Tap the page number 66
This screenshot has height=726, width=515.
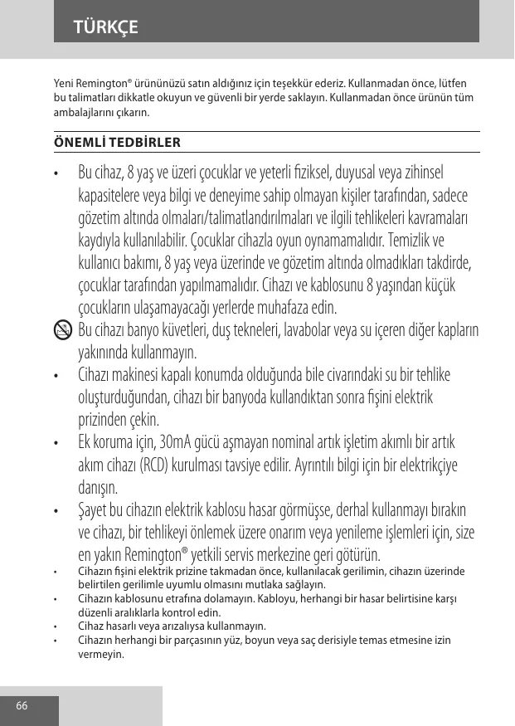pyautogui.click(x=22, y=706)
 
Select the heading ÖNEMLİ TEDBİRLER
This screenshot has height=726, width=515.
pyautogui.click(x=117, y=142)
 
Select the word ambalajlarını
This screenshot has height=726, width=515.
pyautogui.click(x=82, y=111)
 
